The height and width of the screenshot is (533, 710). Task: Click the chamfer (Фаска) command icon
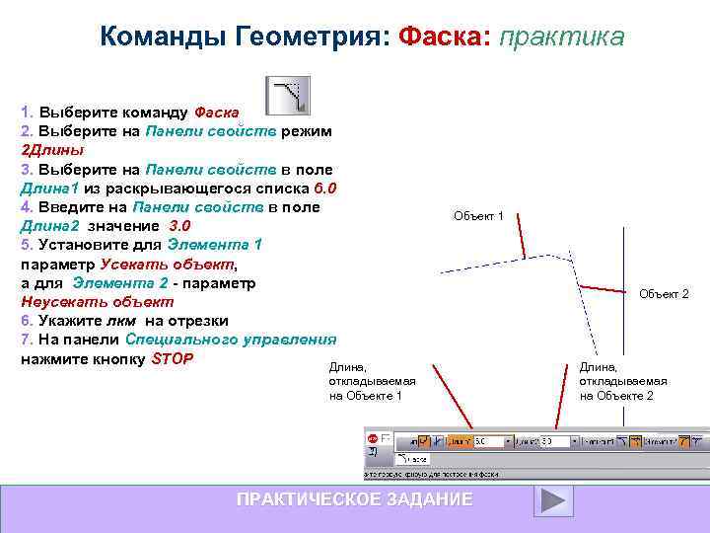pyautogui.click(x=290, y=95)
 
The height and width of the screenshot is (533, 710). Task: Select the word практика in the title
pyautogui.click(x=562, y=37)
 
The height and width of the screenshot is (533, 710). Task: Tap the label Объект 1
pyautogui.click(x=478, y=215)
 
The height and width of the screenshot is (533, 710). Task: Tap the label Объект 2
pyautogui.click(x=664, y=294)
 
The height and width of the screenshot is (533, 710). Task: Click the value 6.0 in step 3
pyautogui.click(x=324, y=188)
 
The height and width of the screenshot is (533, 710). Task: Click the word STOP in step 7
pyautogui.click(x=172, y=357)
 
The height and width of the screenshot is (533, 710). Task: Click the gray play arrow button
pyautogui.click(x=553, y=499)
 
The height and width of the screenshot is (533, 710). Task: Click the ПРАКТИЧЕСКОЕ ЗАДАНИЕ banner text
pyautogui.click(x=354, y=500)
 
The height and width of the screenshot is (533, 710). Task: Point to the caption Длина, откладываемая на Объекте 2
pyautogui.click(x=622, y=380)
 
